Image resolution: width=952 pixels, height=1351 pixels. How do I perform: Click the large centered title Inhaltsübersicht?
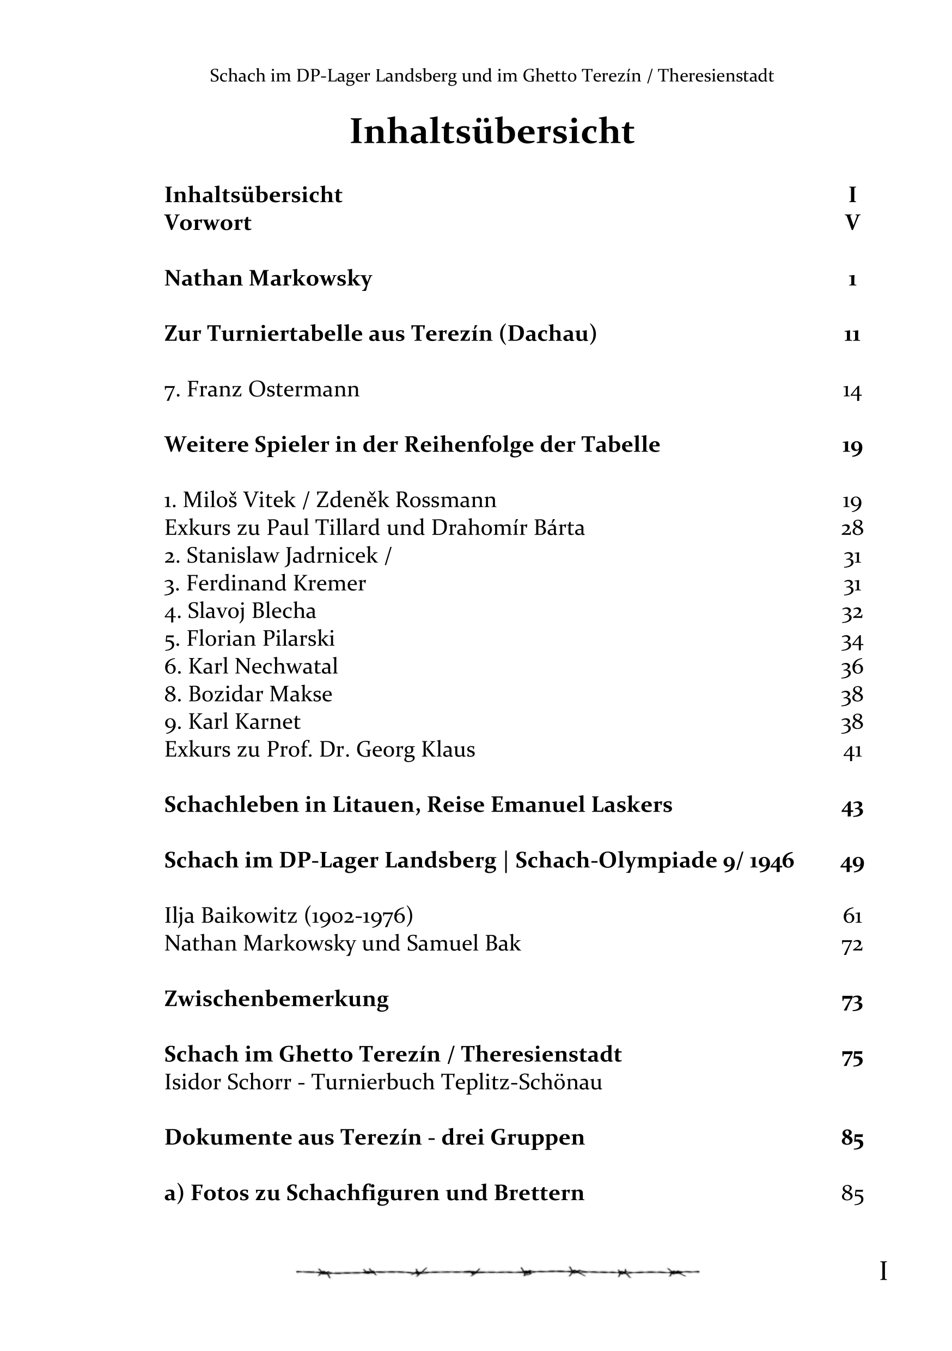pyautogui.click(x=492, y=131)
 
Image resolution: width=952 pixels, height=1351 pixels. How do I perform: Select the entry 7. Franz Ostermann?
pyautogui.click(x=262, y=390)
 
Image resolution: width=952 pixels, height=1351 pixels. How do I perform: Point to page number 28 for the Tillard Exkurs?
pyautogui.click(x=851, y=528)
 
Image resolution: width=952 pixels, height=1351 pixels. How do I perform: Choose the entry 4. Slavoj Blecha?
pyautogui.click(x=240, y=611)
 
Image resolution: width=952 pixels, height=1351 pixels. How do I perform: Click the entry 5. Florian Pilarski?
pyautogui.click(x=249, y=639)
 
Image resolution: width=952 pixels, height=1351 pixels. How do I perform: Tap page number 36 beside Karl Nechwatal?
pyautogui.click(x=851, y=667)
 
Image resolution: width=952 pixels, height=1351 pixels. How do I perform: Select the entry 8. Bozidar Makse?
pyautogui.click(x=248, y=695)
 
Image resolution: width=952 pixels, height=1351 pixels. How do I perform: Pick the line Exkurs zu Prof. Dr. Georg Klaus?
pyautogui.click(x=320, y=750)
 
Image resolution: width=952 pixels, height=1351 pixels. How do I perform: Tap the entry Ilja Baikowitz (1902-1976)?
pyautogui.click(x=288, y=916)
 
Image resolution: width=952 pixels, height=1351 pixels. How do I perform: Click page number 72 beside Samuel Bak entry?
pyautogui.click(x=851, y=945)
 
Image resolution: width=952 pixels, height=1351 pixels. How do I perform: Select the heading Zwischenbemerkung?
pyautogui.click(x=277, y=999)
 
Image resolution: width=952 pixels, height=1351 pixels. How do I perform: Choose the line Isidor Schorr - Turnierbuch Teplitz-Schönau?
pyautogui.click(x=383, y=1082)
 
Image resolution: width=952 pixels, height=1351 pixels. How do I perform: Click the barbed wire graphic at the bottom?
pyautogui.click(x=497, y=1272)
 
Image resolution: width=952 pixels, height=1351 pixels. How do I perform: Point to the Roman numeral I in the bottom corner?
pyautogui.click(x=883, y=1271)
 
